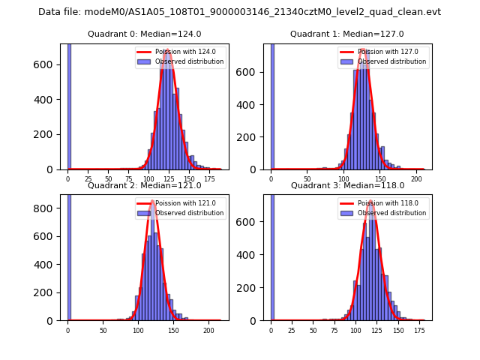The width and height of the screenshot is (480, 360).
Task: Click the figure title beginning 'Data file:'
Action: (239, 12)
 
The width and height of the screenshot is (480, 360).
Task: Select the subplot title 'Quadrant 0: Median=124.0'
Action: (144, 34)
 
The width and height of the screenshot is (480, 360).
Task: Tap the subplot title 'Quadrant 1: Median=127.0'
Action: (347, 34)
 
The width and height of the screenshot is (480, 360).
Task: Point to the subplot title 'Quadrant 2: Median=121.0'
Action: (144, 185)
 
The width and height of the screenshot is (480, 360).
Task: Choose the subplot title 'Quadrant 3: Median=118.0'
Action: (347, 185)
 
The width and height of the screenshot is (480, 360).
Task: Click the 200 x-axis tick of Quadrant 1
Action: (416, 178)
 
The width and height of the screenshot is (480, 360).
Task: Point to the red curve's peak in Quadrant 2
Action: (152, 201)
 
